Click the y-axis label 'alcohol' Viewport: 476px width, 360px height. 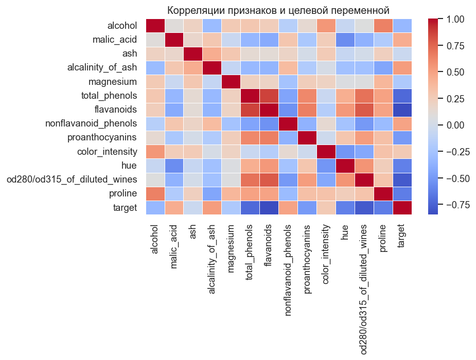tap(122, 26)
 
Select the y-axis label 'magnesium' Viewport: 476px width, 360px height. tap(116, 82)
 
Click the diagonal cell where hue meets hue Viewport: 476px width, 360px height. tap(351, 166)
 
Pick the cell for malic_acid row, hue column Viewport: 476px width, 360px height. tap(351, 40)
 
